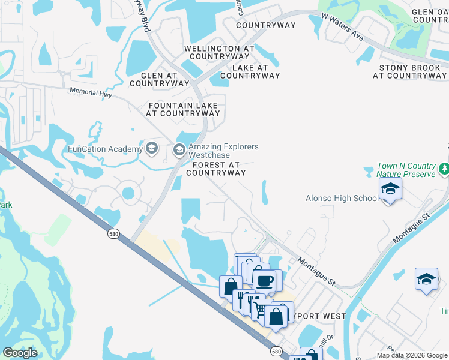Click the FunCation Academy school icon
coord(152,148)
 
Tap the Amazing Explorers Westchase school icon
coord(179,150)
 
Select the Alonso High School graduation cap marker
coord(390,190)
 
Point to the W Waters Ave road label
coord(343,27)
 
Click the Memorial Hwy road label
coord(91,92)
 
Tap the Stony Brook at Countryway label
coord(409,72)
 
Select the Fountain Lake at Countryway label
coord(184,109)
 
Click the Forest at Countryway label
coord(215,169)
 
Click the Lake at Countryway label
coord(250,72)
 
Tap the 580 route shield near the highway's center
coord(113,233)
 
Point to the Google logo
coord(20,353)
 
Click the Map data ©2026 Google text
coord(412,355)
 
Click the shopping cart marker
coord(259,309)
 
